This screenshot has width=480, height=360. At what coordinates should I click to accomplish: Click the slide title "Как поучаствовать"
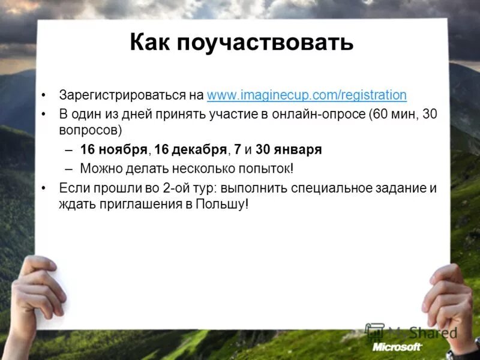point(241,43)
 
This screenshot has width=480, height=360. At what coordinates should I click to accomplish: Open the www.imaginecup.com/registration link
point(307,95)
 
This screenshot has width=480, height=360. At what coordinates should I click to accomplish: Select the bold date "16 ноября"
point(113,149)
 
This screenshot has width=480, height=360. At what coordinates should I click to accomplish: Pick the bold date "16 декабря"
point(191,149)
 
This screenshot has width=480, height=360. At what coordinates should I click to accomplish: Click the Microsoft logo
point(397,347)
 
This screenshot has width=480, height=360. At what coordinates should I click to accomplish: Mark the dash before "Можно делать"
point(69,169)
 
